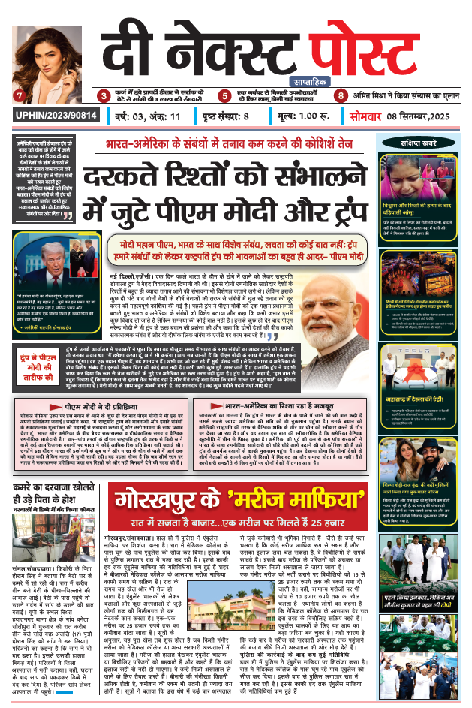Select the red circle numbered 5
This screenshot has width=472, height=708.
[224, 96]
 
